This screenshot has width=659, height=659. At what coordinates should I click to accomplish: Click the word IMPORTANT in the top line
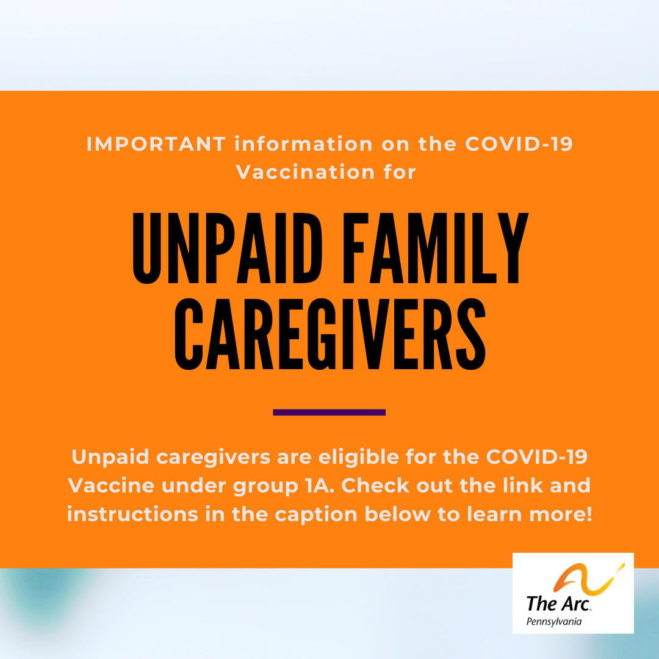coord(156,144)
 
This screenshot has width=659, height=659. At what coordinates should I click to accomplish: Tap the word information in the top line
coord(304,144)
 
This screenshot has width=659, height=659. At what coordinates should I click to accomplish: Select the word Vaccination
coord(305,172)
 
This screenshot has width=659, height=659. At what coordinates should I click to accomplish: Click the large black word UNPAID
coord(228,248)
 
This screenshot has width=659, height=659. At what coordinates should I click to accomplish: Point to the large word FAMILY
coord(436,248)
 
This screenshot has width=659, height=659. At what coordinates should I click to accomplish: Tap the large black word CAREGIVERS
coord(330,334)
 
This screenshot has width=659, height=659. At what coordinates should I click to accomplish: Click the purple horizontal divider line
coord(329,412)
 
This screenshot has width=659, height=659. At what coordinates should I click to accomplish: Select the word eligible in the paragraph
coord(359,457)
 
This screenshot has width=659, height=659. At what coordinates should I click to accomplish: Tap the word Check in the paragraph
coord(375,486)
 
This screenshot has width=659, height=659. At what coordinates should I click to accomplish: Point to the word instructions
coord(132,514)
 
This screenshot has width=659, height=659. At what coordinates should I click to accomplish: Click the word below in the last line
coord(397,514)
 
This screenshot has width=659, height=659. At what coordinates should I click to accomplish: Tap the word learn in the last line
coord(494,514)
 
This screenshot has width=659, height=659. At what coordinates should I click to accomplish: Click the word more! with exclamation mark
coord(560,514)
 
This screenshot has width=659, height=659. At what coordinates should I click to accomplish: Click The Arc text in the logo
coord(558,603)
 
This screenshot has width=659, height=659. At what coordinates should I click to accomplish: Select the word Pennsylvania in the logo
coord(554,622)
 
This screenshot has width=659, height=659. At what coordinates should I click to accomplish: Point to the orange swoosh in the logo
coord(588,579)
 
